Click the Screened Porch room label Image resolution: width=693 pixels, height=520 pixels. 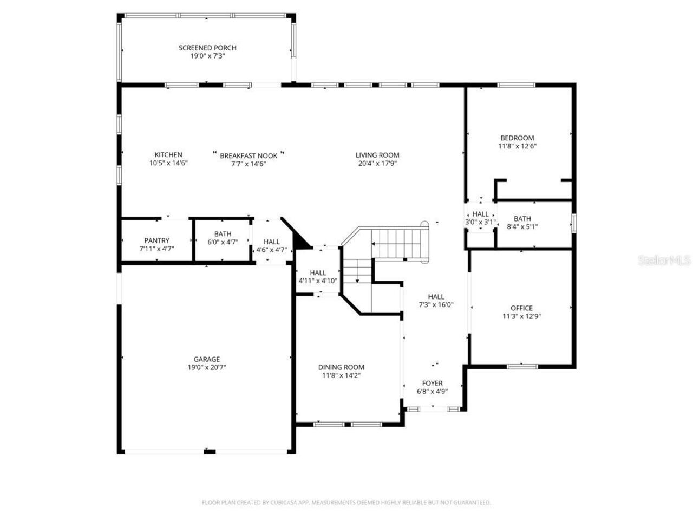click(x=207, y=48)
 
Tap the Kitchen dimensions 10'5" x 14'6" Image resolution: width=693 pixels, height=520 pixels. click(x=168, y=163)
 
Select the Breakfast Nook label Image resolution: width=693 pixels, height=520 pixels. click(x=249, y=155)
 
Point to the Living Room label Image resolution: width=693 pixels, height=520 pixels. click(x=377, y=155)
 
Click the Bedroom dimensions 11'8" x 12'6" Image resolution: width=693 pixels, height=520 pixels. click(x=517, y=146)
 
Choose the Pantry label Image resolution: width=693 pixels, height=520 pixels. click(x=156, y=240)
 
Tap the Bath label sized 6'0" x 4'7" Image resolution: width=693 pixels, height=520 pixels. click(x=223, y=234)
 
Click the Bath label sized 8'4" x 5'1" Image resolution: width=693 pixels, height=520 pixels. click(x=522, y=219)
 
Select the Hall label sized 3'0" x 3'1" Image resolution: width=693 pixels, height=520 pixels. click(x=480, y=214)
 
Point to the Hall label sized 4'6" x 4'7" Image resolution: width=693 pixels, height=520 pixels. click(x=272, y=242)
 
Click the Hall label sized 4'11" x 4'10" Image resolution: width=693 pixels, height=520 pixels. click(x=318, y=272)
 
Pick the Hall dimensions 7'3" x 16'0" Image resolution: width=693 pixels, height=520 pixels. click(x=436, y=304)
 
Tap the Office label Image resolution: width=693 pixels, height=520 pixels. click(x=521, y=308)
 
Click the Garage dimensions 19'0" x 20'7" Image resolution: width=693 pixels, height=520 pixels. click(x=207, y=367)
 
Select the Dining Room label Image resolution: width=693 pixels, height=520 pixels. click(x=341, y=367)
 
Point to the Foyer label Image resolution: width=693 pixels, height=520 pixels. click(x=432, y=383)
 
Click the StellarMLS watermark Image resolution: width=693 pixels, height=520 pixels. click(x=664, y=261)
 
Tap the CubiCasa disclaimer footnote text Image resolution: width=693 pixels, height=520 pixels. click(x=346, y=503)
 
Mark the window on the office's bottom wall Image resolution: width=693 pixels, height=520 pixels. click(x=522, y=366)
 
